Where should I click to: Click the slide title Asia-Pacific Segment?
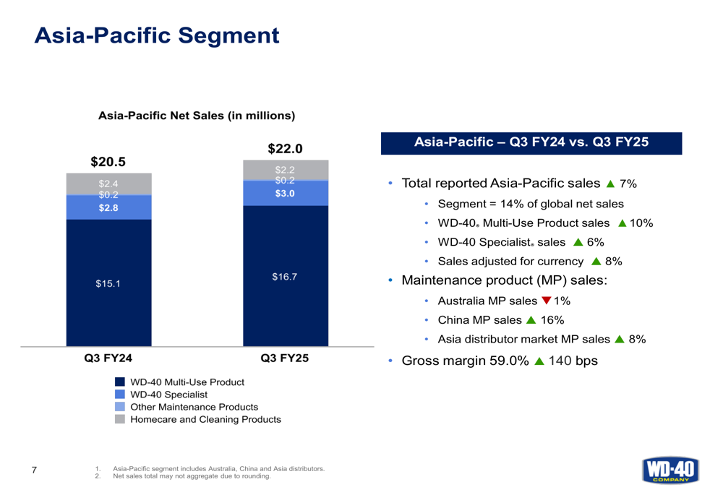(x=157, y=35)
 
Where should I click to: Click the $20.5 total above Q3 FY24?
(x=108, y=161)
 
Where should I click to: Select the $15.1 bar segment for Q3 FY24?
(x=108, y=283)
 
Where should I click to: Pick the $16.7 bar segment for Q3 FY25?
(x=285, y=276)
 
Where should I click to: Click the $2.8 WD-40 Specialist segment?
(x=108, y=208)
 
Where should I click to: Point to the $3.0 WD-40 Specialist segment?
(x=285, y=194)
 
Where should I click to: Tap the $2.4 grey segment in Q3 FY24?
(x=108, y=184)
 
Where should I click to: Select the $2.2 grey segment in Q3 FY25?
(x=285, y=170)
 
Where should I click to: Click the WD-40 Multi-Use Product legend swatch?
(x=120, y=382)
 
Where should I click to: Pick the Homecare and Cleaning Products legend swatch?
(x=120, y=419)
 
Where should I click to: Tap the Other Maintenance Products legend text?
(x=194, y=407)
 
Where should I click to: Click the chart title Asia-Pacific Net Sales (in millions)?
(x=196, y=116)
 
